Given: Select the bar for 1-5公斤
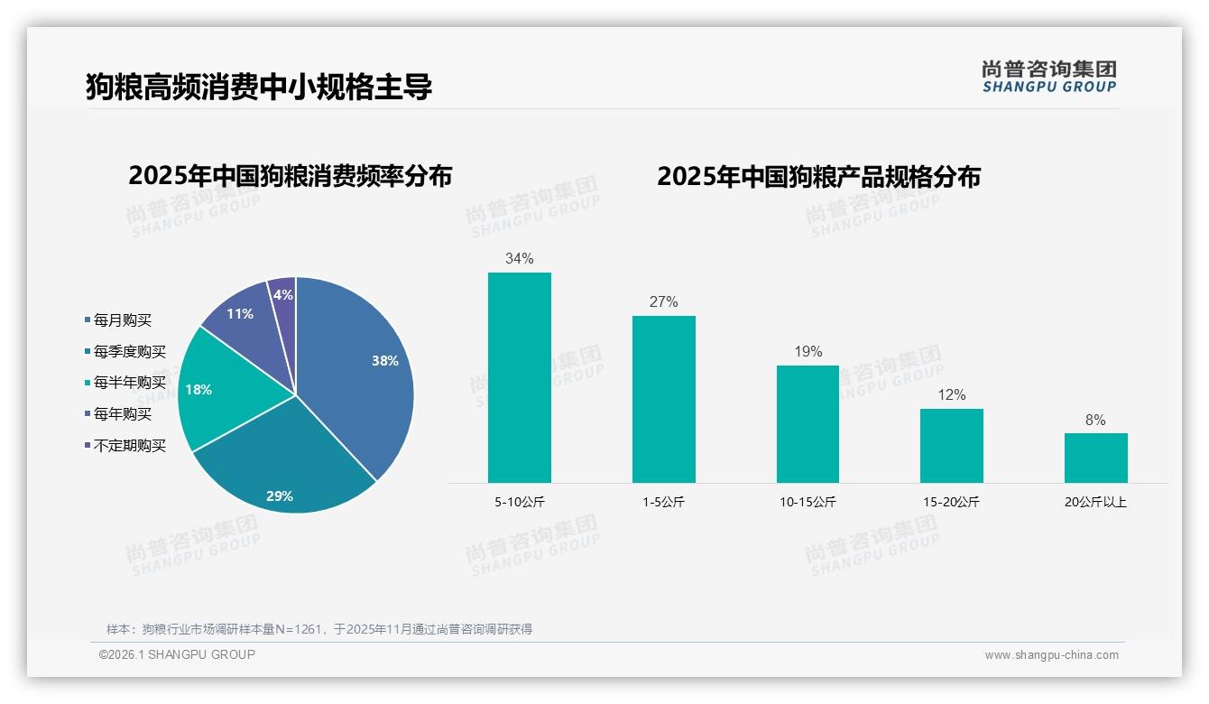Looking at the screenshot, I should (663, 399).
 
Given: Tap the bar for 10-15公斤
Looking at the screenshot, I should (808, 423).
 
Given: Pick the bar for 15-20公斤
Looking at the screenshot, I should (951, 445).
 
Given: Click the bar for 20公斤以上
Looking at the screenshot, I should (1095, 458).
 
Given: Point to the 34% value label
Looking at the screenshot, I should (519, 259).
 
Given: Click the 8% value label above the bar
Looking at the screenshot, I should (1095, 421).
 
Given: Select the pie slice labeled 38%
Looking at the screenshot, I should (361, 370).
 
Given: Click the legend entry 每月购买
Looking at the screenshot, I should (123, 320).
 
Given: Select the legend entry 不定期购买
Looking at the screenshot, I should (130, 446).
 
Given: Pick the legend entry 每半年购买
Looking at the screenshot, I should (130, 383).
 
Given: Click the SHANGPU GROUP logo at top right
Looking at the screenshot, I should (1048, 77).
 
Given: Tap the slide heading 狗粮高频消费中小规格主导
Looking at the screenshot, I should (259, 88).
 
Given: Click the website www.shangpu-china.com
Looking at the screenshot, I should (1051, 655).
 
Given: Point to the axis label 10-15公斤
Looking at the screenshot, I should (808, 503).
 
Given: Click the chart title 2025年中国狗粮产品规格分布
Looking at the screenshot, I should (818, 177).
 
